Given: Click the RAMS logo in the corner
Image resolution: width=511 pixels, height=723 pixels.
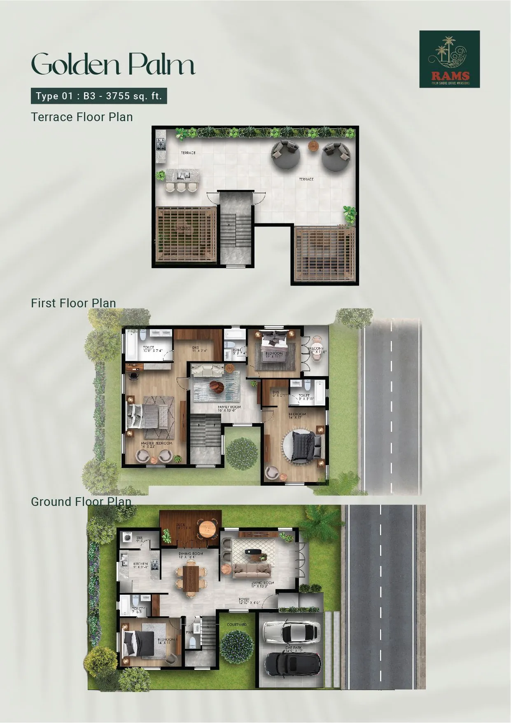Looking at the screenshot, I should pyautogui.click(x=449, y=59).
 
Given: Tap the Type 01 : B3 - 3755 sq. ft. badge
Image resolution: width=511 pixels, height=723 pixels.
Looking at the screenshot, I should pyautogui.click(x=99, y=96).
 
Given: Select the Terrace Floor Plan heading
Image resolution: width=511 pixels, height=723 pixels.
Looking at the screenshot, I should pyautogui.click(x=82, y=117).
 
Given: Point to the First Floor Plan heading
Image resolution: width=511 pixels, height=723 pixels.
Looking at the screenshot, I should pyautogui.click(x=73, y=303).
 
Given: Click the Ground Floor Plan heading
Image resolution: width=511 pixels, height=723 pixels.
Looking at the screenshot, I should pyautogui.click(x=81, y=501).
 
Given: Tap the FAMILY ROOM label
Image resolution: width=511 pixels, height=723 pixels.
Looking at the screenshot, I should pyautogui.click(x=229, y=407).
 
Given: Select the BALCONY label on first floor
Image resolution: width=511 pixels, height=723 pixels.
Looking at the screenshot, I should pyautogui.click(x=316, y=349).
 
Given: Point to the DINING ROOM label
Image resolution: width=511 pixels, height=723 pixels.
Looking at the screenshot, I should pyautogui.click(x=191, y=554).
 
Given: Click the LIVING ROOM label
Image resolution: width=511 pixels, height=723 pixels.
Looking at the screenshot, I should pyautogui.click(x=263, y=583).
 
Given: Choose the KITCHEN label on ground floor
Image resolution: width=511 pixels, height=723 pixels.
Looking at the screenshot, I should pyautogui.click(x=140, y=564).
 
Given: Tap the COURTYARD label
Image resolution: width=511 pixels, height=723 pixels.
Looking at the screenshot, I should pyautogui.click(x=237, y=625).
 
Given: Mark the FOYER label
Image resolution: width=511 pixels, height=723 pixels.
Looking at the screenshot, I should pyautogui.click(x=244, y=599).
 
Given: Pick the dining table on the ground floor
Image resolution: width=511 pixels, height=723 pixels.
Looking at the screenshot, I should pyautogui.click(x=191, y=576).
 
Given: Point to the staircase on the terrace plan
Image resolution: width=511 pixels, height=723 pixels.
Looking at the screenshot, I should pyautogui.click(x=236, y=231).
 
